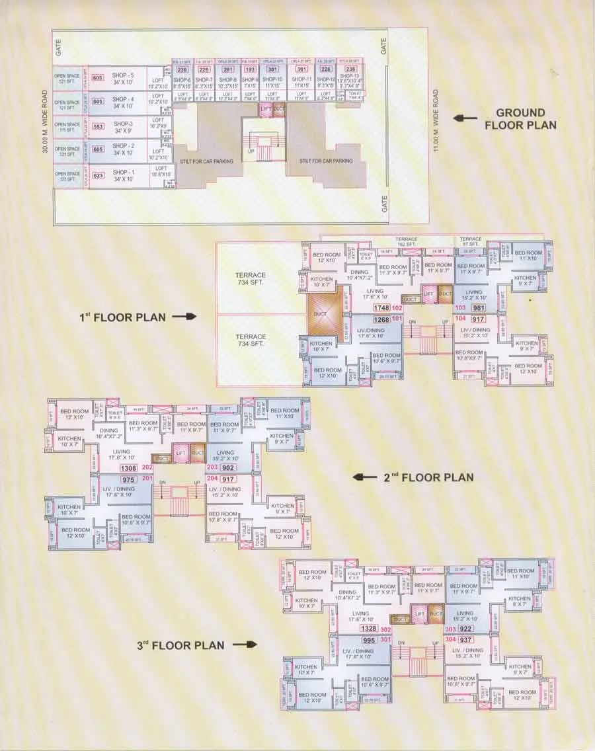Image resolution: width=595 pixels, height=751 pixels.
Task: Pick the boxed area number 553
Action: [98, 126]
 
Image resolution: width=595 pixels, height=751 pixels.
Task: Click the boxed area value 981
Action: [478, 308]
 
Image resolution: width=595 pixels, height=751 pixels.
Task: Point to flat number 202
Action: [147, 468]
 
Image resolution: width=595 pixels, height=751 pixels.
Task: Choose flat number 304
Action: [452, 639]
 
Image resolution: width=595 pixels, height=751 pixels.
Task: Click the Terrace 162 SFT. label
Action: [407, 241]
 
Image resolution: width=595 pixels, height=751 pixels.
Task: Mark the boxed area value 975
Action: [129, 479]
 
